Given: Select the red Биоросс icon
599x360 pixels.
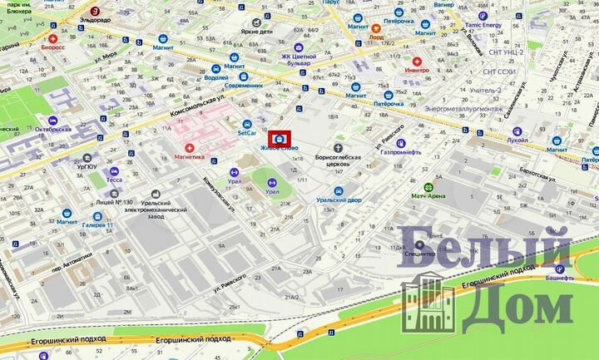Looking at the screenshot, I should [x=54, y=39].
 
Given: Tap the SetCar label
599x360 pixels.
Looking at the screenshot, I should [x=247, y=132].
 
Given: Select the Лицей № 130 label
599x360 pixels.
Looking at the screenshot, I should [x=114, y=201].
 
